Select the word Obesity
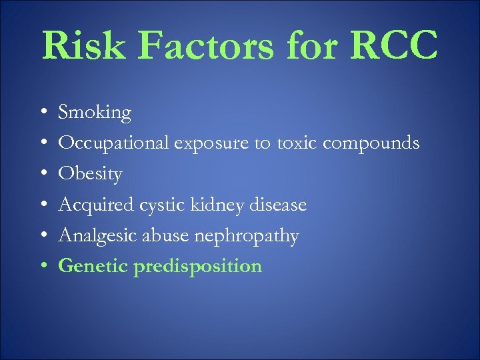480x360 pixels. click(x=91, y=175)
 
